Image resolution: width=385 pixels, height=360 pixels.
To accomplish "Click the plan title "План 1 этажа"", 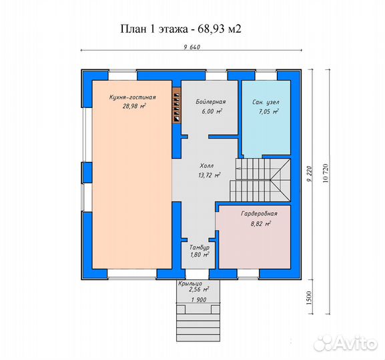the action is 154,29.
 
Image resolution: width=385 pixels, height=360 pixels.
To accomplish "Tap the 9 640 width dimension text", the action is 192,47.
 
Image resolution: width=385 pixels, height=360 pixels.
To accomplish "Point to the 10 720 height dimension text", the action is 326,173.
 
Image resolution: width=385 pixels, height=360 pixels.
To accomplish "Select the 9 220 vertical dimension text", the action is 310,174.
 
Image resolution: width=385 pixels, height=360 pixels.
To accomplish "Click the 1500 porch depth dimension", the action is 309,298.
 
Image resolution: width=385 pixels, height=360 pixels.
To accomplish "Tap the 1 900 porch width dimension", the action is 199,299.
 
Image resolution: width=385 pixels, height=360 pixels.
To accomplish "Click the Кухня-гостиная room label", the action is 133,97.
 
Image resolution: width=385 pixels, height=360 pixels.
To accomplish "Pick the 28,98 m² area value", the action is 134,106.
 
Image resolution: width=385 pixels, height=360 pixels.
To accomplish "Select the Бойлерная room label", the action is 211,101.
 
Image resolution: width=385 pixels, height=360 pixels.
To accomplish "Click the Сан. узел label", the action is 266,102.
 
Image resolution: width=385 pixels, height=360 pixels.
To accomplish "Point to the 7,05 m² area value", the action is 268,111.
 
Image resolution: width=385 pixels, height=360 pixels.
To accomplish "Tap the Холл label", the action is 207,166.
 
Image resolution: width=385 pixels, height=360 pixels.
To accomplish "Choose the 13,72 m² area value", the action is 210,175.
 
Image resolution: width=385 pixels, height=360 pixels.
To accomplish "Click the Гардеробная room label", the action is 259,214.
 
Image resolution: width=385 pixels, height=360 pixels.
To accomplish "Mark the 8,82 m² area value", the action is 261,224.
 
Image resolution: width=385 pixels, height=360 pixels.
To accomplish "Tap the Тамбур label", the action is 200,247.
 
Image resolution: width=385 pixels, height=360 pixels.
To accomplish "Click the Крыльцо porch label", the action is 190,284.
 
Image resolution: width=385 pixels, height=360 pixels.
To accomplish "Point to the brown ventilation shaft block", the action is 176,105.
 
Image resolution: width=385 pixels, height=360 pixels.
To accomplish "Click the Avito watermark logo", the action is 346,342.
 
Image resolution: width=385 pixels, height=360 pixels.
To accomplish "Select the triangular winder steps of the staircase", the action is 280,180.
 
